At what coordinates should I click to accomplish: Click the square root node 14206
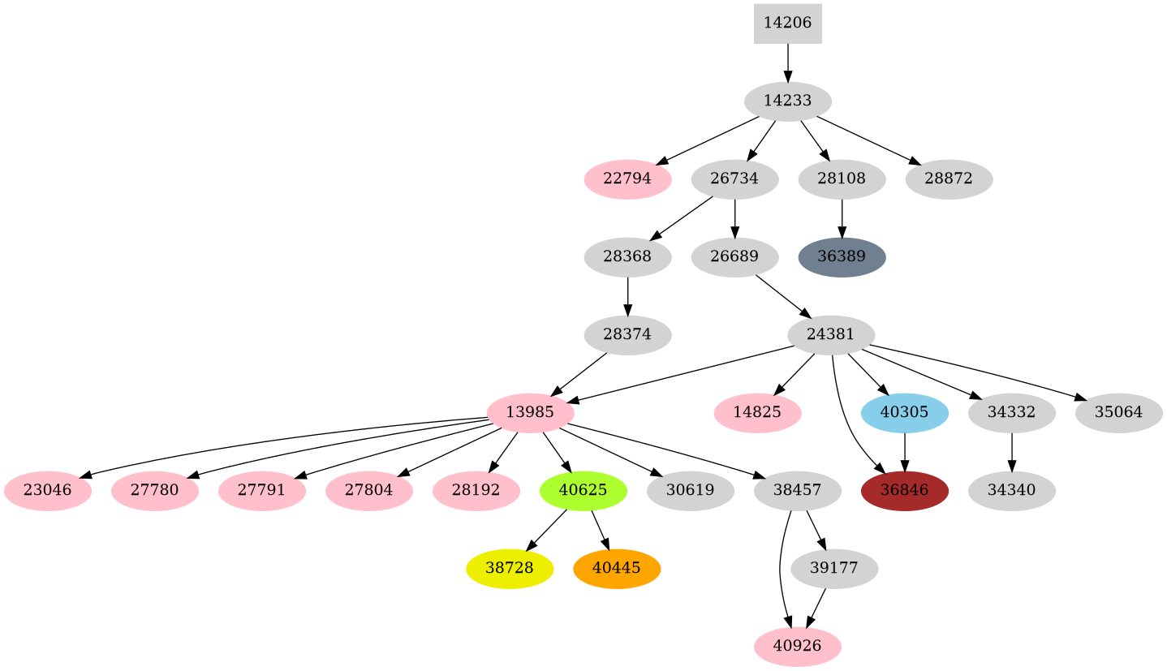(x=787, y=23)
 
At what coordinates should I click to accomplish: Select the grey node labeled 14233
(x=787, y=101)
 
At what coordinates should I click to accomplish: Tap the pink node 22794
(x=627, y=179)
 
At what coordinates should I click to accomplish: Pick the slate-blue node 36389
(x=842, y=257)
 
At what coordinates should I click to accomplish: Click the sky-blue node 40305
(x=904, y=413)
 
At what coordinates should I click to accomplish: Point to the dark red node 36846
(x=904, y=491)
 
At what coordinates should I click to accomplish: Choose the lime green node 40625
(x=583, y=491)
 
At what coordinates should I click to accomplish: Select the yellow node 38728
(x=510, y=569)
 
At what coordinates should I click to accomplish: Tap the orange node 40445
(x=616, y=569)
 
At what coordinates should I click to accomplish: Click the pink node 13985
(x=530, y=413)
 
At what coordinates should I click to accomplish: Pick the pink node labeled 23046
(x=47, y=491)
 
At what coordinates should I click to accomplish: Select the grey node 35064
(x=1118, y=413)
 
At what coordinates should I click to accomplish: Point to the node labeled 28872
(x=948, y=179)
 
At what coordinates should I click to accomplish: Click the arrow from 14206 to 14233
(x=787, y=62)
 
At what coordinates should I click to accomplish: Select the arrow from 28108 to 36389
(x=842, y=218)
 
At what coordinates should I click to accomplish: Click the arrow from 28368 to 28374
(x=627, y=296)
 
